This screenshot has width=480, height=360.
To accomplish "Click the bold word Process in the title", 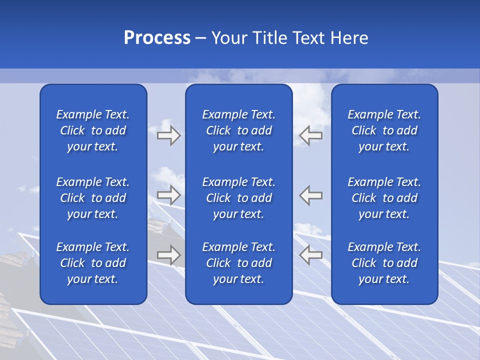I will (x=157, y=38).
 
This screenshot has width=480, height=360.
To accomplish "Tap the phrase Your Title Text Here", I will (x=289, y=38).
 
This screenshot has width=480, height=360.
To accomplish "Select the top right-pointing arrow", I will (x=169, y=135).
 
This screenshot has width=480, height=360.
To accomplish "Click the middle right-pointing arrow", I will (x=169, y=195).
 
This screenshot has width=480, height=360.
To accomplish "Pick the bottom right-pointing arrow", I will (x=169, y=255).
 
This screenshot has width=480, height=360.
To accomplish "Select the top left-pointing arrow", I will (x=310, y=135).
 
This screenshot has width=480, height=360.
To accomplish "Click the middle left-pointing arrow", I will (x=310, y=195).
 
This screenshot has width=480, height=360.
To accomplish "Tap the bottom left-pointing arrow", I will (x=310, y=255).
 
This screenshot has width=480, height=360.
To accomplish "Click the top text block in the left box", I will (x=93, y=130).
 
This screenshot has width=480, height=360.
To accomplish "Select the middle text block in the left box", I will (x=93, y=198).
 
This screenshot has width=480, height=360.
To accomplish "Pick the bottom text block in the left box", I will (x=93, y=263).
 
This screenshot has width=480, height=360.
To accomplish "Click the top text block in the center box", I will (x=238, y=130).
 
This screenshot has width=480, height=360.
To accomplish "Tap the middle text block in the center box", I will (x=238, y=198).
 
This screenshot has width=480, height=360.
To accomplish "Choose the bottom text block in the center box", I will (x=238, y=263).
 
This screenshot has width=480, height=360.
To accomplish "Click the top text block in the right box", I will (x=384, y=130).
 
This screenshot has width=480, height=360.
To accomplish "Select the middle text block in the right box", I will (x=384, y=198).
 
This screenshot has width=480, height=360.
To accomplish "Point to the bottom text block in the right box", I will (x=384, y=263).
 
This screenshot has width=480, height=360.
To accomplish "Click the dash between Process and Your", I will (x=201, y=38).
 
